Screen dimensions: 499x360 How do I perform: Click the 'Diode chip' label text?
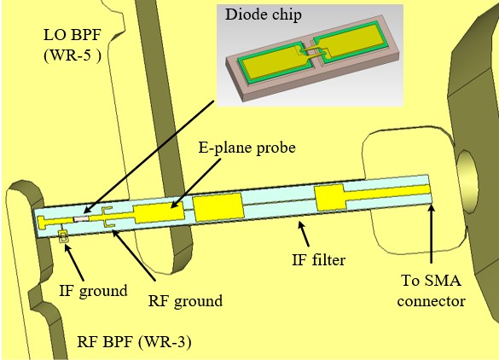tap(264, 15)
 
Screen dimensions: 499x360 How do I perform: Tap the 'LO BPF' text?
tap(73, 35)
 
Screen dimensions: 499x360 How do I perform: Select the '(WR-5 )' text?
tap(73, 55)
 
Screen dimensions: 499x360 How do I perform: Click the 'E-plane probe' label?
tap(247, 148)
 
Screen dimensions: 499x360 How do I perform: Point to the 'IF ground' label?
tap(93, 291)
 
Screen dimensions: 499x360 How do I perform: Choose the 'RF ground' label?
tap(185, 301)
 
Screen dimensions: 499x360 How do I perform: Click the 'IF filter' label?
tap(318, 259)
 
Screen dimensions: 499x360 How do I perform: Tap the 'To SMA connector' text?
tap(432, 291)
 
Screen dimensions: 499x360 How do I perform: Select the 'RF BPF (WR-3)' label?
tap(134, 342)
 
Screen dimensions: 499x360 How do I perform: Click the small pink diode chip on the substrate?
tap(81, 219)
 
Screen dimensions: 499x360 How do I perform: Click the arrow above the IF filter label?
tap(304, 234)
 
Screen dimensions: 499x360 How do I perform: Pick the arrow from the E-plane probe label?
tap(195, 183)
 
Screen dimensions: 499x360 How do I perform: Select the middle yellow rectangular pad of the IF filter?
tap(218, 207)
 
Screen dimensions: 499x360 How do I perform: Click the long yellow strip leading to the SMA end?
tap(387, 193)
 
